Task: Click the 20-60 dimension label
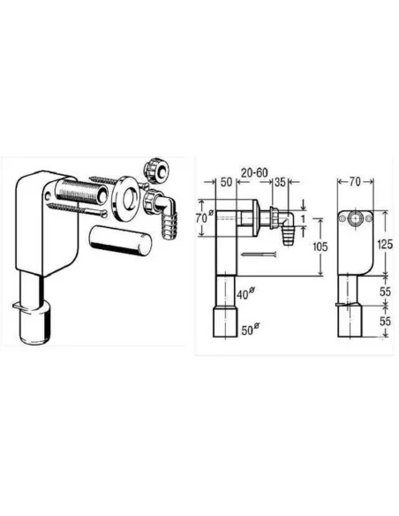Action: [x=254, y=172]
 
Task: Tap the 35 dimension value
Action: [x=280, y=182]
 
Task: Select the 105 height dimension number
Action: [x=320, y=247]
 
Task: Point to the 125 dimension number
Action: [x=385, y=244]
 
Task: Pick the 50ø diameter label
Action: [x=251, y=329]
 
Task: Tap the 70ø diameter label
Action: [x=205, y=217]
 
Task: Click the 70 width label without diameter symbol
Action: [x=355, y=181]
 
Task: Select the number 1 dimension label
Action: [x=304, y=218]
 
